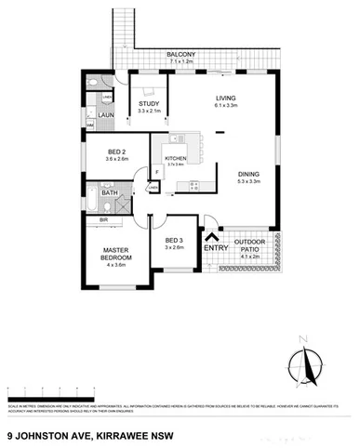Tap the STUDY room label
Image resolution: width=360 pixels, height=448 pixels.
pos(149,103)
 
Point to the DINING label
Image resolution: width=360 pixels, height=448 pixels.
pos(247,174)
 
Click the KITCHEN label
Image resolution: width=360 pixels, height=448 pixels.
pos(176,159)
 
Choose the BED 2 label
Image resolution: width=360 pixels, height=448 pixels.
pos(104,151)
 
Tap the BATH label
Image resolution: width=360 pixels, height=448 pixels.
pos(122,191)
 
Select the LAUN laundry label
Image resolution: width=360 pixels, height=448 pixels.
pos(106,116)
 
